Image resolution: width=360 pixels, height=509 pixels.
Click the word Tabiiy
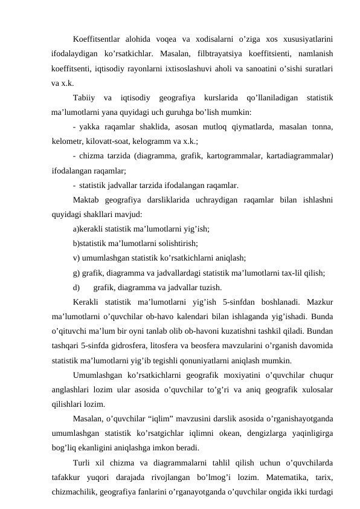click(x=83, y=97)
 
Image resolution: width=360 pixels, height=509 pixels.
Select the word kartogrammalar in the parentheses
click(x=234, y=156)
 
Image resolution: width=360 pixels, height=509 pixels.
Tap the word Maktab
click(x=86, y=199)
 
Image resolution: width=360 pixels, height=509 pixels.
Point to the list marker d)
click(x=77, y=287)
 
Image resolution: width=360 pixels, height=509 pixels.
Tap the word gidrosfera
click(x=137, y=345)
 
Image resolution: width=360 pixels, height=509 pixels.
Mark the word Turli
click(x=82, y=462)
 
